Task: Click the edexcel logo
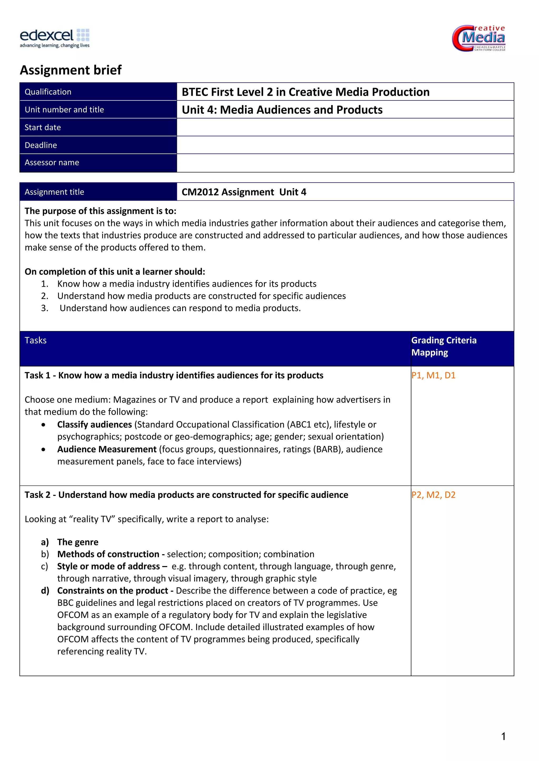[55, 38]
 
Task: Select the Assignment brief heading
[71, 70]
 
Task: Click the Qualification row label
[48, 92]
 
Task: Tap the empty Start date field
[345, 127]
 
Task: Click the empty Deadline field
[345, 145]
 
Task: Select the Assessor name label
[52, 162]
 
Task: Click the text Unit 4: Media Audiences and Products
[282, 110]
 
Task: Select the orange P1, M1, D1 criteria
[433, 375]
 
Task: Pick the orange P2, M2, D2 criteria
[433, 495]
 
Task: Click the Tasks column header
[36, 340]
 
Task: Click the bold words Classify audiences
[94, 425]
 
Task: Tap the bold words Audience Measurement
[107, 449]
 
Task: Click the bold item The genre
[78, 542]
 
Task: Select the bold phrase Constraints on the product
[113, 591]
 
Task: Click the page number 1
[503, 737]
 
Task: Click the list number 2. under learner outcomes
[45, 296]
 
